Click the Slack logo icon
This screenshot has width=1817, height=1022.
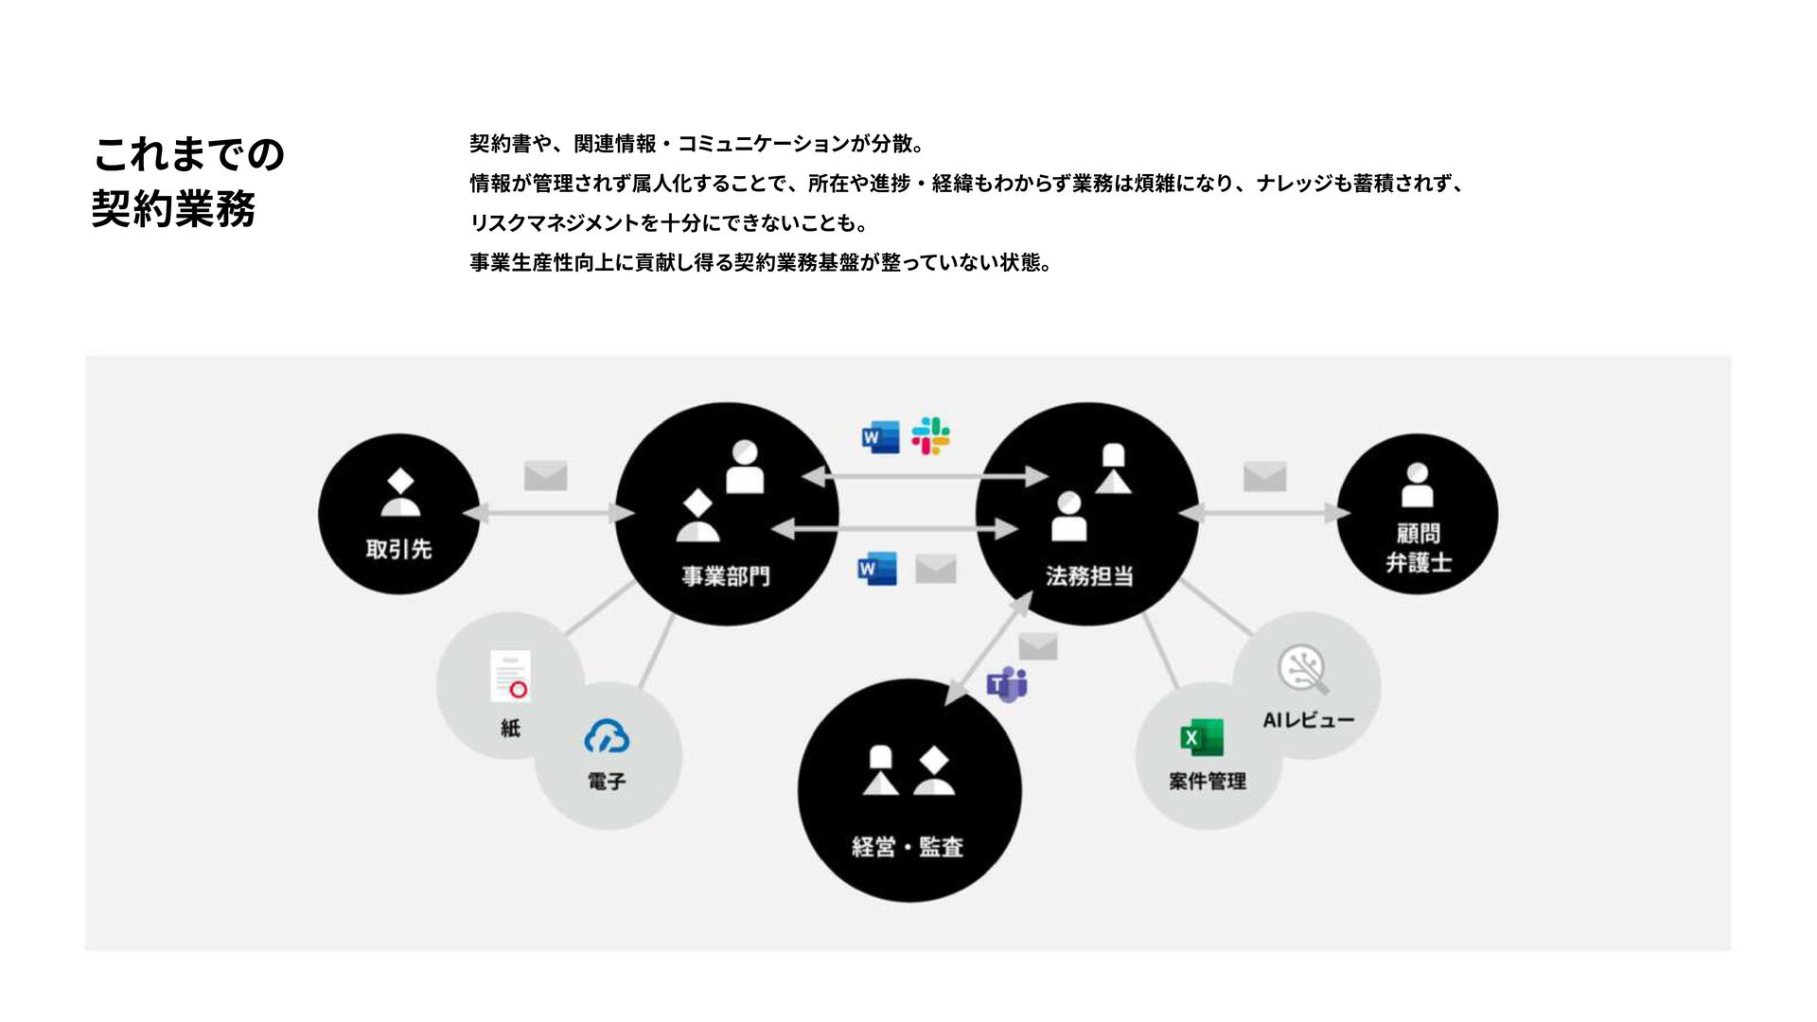(x=930, y=436)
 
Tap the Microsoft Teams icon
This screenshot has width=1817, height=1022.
(x=1007, y=683)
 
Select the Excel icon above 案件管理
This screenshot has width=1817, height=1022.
(x=1201, y=737)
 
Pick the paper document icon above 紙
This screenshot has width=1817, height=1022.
(x=511, y=677)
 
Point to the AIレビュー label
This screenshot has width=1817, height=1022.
(x=1308, y=721)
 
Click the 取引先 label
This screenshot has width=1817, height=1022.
(x=398, y=549)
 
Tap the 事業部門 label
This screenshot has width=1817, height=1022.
(x=726, y=576)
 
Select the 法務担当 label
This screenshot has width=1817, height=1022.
(x=1089, y=576)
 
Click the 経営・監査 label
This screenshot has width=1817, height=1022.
(x=908, y=847)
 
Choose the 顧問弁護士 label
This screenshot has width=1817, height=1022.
(x=1418, y=548)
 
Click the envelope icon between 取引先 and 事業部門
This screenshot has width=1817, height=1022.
(x=546, y=475)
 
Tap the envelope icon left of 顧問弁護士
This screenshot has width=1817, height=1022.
(x=1264, y=476)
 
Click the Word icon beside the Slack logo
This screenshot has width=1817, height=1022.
(x=879, y=437)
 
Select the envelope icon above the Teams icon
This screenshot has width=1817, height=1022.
(x=1038, y=647)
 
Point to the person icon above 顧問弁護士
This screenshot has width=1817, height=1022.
(x=1417, y=485)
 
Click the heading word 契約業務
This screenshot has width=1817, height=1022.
(x=174, y=209)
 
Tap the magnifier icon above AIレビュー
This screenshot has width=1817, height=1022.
(x=1303, y=669)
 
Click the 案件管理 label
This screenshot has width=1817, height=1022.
(x=1207, y=782)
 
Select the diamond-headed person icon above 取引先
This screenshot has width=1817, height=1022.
(x=400, y=492)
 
